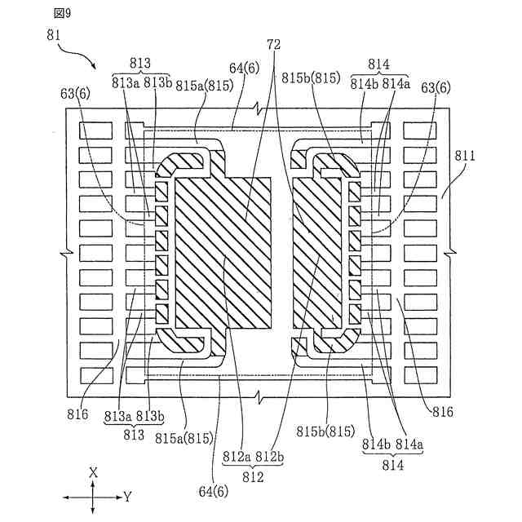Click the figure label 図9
tap(63, 13)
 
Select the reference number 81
tap(56, 36)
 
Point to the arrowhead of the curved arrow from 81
tap(96, 68)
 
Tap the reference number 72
tap(273, 47)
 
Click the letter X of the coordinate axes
tap(94, 472)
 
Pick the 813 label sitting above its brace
tap(141, 64)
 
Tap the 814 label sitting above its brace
tap(380, 64)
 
